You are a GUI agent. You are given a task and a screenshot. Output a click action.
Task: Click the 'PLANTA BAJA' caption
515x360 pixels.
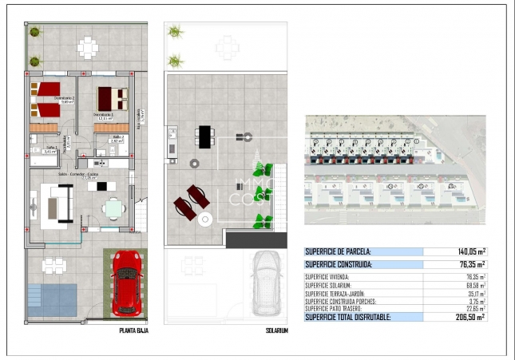133,328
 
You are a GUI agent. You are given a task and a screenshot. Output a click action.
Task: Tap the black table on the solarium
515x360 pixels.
205,136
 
